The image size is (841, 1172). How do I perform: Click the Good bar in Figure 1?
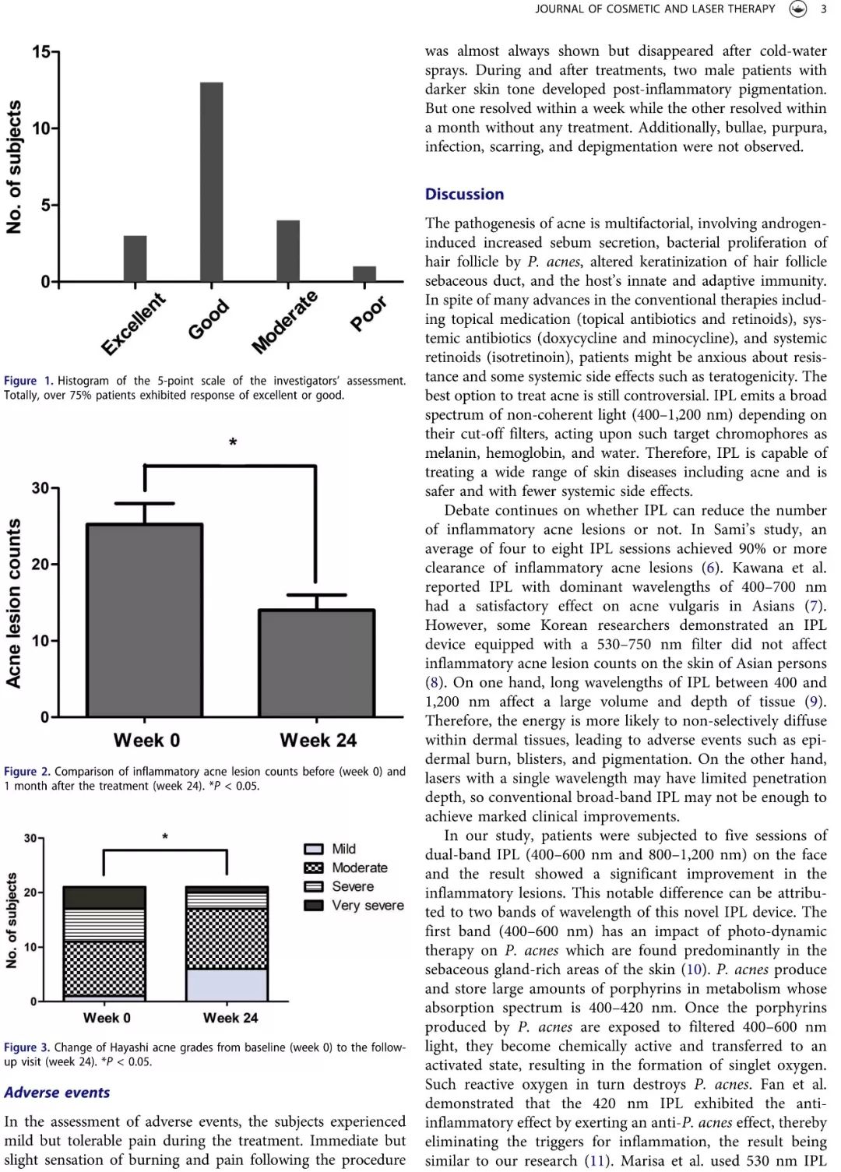point(212,181)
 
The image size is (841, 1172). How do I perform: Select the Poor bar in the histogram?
point(364,273)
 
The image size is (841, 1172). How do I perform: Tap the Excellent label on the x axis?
point(133,325)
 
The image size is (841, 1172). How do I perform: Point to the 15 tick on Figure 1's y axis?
point(42,52)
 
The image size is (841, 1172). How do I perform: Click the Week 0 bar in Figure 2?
point(144,620)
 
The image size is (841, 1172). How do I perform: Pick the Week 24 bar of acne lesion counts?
point(317,663)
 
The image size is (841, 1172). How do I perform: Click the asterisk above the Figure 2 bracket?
point(233,442)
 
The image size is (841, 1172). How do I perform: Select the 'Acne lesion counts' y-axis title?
point(13,604)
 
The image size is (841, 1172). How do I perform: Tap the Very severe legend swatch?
point(314,905)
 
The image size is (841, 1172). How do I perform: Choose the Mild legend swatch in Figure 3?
point(314,849)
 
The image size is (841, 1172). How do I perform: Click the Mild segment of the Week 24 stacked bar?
point(227,985)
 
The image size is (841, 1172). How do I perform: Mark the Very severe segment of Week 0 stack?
point(104,897)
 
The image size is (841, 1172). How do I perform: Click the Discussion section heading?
point(464,194)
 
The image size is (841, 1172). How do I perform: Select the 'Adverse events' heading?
point(57,1093)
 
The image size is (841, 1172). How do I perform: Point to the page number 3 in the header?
point(824,9)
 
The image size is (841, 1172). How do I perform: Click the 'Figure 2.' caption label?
point(27,772)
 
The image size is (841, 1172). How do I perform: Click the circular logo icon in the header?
point(797,9)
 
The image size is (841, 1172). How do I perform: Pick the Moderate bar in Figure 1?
point(288,251)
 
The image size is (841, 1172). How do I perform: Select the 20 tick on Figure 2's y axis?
point(41,565)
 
